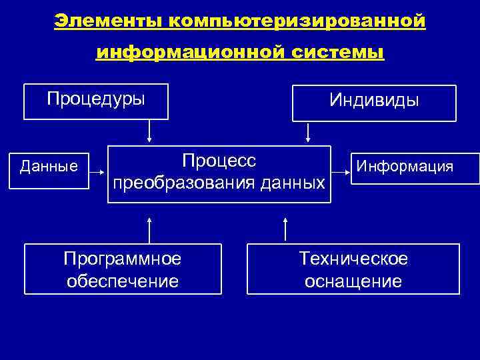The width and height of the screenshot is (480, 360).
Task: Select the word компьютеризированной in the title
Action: click(x=297, y=21)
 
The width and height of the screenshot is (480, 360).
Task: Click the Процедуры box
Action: click(x=95, y=101)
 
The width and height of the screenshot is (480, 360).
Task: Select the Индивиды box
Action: click(x=374, y=102)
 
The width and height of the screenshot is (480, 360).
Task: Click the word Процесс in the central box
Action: click(x=219, y=161)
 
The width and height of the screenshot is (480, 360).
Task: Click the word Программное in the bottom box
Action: click(x=122, y=258)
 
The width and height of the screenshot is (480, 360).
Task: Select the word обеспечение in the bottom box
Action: click(x=122, y=281)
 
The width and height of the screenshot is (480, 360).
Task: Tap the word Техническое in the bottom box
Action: click(x=353, y=258)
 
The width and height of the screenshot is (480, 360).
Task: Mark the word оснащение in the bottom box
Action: click(x=353, y=281)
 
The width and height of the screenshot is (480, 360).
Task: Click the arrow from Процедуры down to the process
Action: click(x=149, y=131)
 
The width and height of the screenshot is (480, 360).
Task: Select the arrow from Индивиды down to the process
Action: click(x=307, y=133)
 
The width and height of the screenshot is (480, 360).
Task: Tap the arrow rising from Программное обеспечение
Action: click(x=149, y=229)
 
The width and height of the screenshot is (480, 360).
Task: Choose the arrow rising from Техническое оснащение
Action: click(x=285, y=229)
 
